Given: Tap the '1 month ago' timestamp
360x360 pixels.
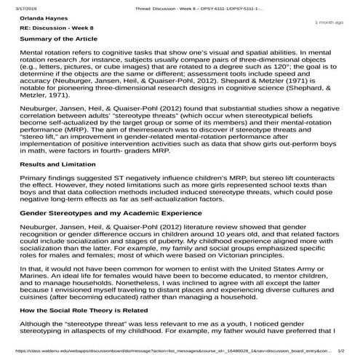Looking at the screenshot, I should (x=329, y=23).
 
